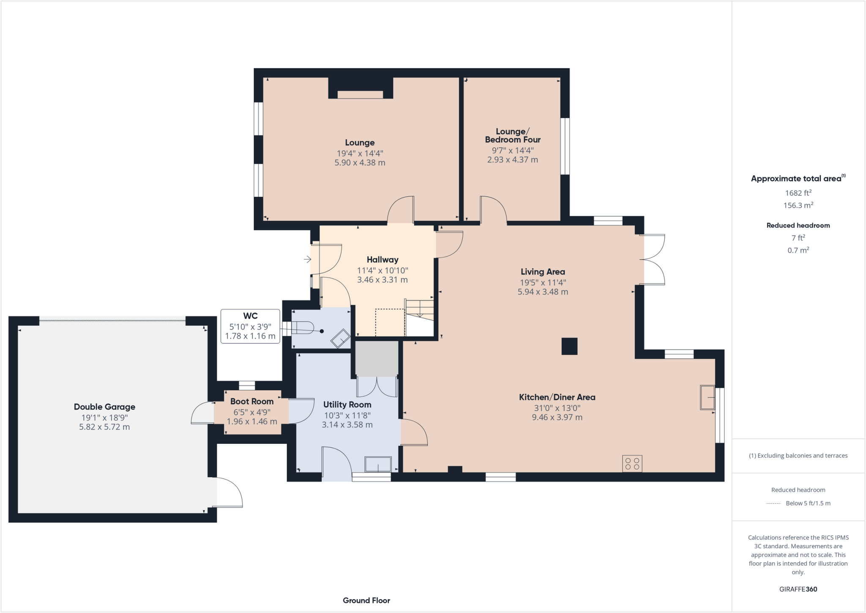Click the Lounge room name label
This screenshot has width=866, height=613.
pyautogui.click(x=359, y=143)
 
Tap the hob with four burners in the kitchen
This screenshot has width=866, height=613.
pyautogui.click(x=632, y=463)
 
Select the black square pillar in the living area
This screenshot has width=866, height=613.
pyautogui.click(x=569, y=346)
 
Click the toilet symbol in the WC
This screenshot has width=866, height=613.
pyautogui.click(x=302, y=328)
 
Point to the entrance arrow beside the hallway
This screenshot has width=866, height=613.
pyautogui.click(x=307, y=259)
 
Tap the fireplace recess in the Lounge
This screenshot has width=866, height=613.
pyautogui.click(x=360, y=94)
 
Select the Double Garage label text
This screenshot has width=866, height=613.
pyautogui.click(x=104, y=407)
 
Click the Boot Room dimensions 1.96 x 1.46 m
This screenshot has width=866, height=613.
pyautogui.click(x=252, y=421)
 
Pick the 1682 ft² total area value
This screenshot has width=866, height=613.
pyautogui.click(x=798, y=193)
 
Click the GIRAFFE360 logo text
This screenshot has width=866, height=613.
pyautogui.click(x=798, y=589)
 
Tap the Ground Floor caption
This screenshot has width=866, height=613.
pyautogui.click(x=366, y=600)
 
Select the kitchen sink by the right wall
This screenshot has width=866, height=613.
pyautogui.click(x=707, y=397)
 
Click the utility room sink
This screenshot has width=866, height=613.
pyautogui.click(x=378, y=464)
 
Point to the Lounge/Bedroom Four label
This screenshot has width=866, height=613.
pyautogui.click(x=512, y=135)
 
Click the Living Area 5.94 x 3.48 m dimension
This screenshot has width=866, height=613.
pyautogui.click(x=543, y=292)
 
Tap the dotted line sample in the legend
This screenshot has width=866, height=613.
pyautogui.click(x=773, y=503)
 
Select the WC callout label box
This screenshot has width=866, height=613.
pyautogui.click(x=250, y=326)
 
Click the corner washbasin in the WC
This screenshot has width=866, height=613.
pyautogui.click(x=340, y=338)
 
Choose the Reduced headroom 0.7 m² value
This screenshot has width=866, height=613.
pyautogui.click(x=798, y=250)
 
